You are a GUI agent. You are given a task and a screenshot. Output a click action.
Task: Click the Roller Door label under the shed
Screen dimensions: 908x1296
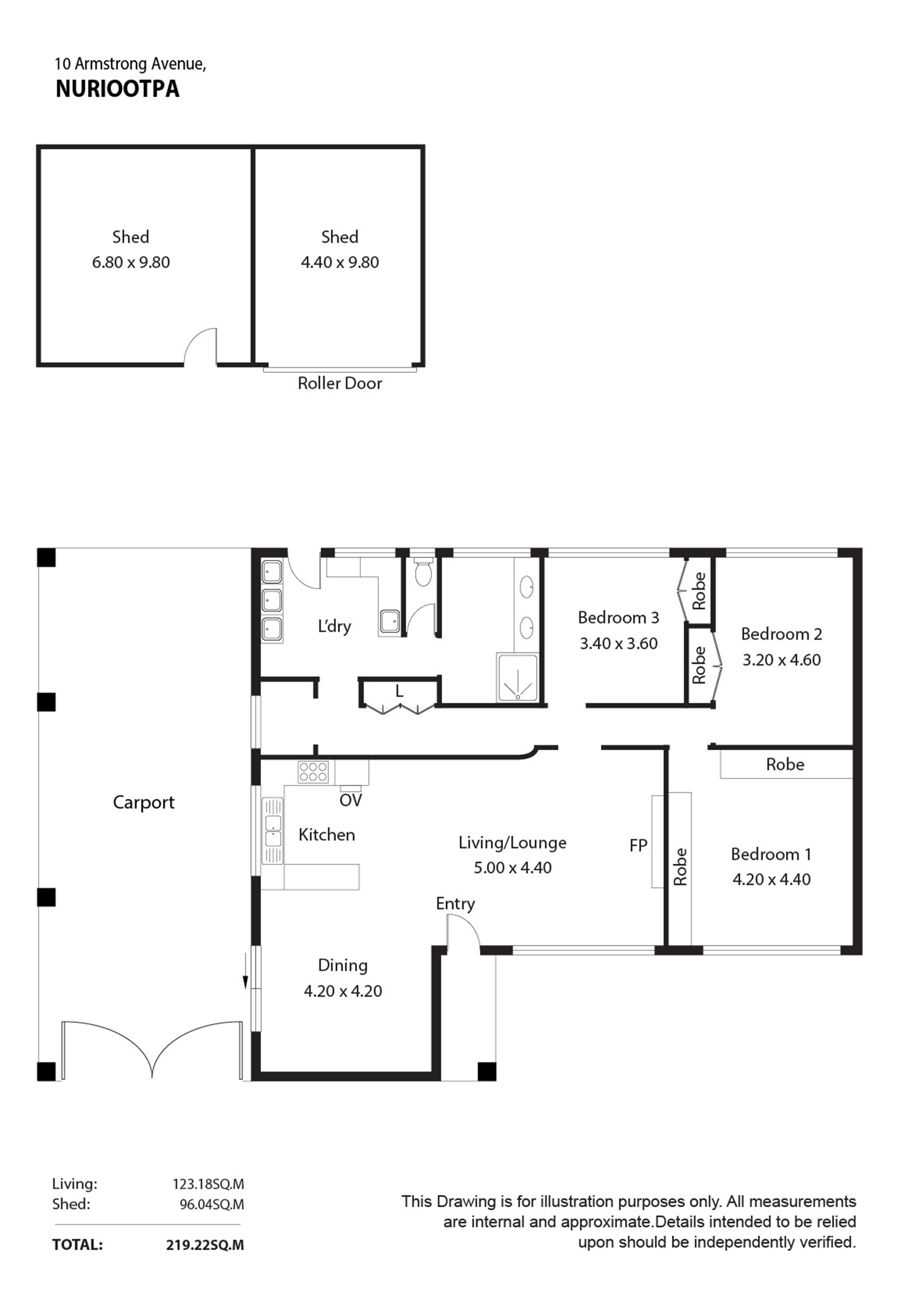(x=340, y=383)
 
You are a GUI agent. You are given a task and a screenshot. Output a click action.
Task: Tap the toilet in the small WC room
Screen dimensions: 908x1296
(x=423, y=572)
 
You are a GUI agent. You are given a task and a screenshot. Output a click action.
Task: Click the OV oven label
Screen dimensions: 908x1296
(x=350, y=800)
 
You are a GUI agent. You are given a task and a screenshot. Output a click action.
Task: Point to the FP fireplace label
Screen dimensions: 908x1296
(x=638, y=845)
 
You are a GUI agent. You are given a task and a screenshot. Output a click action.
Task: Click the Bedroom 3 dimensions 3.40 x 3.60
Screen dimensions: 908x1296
(x=618, y=643)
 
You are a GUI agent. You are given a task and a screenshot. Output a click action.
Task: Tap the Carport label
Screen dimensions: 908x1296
(x=144, y=802)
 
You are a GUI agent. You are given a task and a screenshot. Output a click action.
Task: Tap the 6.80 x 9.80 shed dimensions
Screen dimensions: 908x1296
(x=131, y=262)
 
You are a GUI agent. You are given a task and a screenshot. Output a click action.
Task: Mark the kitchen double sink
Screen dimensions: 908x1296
(x=273, y=830)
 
